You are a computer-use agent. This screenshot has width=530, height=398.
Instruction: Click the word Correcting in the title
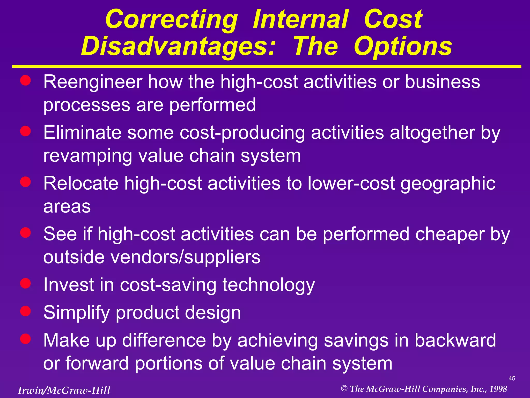point(171,20)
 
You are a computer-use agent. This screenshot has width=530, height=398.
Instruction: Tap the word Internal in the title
point(300,19)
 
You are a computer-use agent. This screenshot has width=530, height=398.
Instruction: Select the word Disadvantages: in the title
point(178,47)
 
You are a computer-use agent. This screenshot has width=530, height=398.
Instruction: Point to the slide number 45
point(512,378)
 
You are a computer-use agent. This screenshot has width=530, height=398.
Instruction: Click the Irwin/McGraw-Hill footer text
point(64,390)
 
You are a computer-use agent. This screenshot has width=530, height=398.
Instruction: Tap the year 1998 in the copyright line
point(498,389)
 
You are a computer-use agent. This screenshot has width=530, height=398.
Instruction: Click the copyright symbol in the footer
point(344,388)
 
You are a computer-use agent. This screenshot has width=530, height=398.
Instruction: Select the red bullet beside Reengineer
point(26,81)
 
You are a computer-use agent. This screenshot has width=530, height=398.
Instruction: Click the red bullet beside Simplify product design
point(26,311)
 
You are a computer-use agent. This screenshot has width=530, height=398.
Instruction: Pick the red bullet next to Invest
point(26,283)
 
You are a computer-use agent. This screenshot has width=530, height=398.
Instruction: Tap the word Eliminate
point(83,133)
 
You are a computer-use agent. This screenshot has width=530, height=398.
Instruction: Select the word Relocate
point(81,183)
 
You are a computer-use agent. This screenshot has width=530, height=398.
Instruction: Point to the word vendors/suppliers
point(185,257)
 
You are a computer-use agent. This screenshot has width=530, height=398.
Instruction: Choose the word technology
point(269,285)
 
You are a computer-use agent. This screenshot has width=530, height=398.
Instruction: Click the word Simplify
point(77,313)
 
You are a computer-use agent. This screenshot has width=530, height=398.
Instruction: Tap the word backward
point(455,340)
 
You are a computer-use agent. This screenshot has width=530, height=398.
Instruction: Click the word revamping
point(87,156)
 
